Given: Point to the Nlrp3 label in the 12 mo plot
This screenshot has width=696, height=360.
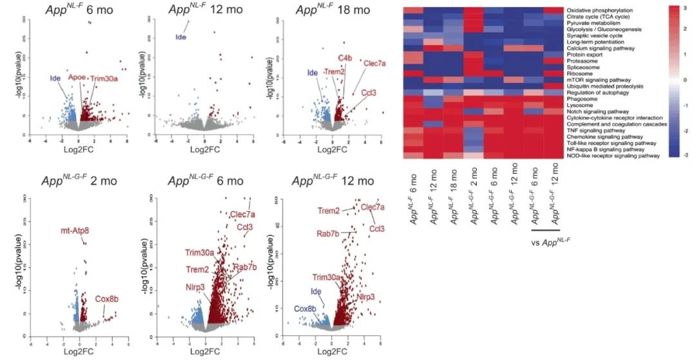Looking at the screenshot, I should (x=365, y=298).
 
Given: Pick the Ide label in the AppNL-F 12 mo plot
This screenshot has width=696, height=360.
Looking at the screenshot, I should (x=180, y=37).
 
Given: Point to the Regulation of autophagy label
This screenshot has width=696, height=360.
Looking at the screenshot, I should (x=594, y=93).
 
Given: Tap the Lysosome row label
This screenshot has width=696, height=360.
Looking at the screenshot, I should (x=579, y=106).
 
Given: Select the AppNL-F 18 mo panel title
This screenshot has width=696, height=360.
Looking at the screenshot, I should (x=333, y=10).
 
